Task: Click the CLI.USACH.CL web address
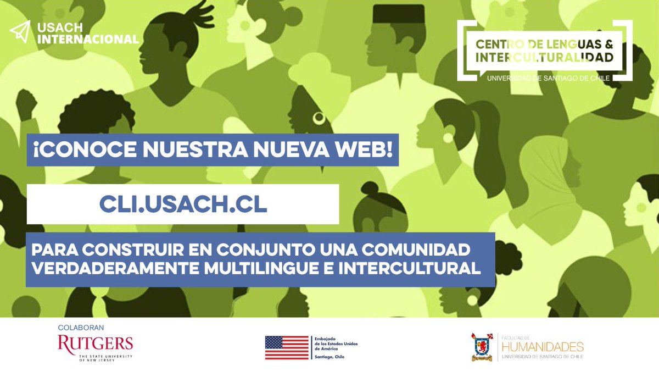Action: [x=183, y=204]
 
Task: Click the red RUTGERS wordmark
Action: [x=95, y=344]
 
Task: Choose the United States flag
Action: [x=287, y=347]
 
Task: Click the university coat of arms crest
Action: [x=481, y=347]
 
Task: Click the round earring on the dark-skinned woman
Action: [x=319, y=117]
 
